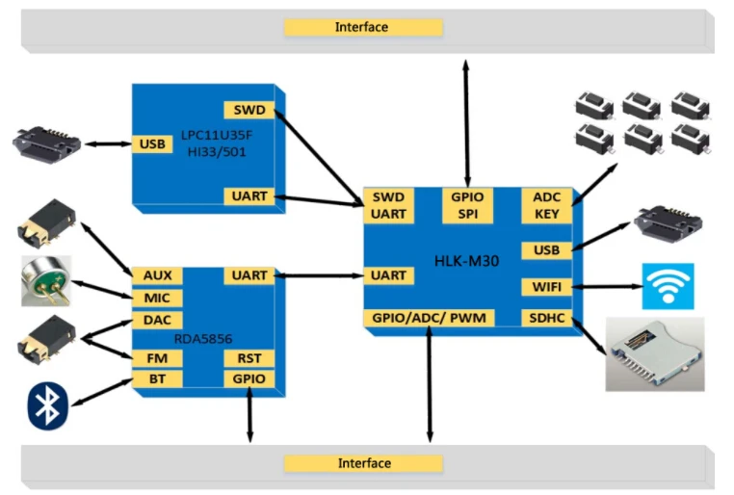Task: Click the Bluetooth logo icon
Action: pos(48,406)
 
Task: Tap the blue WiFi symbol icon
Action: pos(668,286)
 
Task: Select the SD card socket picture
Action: pos(655,354)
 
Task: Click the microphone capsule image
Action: pos(46,281)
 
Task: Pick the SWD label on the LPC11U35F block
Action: pos(249,110)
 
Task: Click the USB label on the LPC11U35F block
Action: pos(152,144)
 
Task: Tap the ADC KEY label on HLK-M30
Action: pos(547,205)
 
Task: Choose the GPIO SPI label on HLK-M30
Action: pos(467,205)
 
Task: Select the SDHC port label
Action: pos(547,318)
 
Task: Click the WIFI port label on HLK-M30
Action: pos(547,287)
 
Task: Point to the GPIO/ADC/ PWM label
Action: pos(429,318)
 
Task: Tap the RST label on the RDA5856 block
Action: pos(249,358)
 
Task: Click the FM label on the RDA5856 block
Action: pos(157,358)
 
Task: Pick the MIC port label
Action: pos(157,298)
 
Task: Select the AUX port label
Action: pos(157,275)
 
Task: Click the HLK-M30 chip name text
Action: pos(467,261)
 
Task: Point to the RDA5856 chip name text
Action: pos(202,339)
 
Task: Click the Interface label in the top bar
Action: pos(361,27)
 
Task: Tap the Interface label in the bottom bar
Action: pos(364,463)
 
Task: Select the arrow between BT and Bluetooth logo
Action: pos(102,392)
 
